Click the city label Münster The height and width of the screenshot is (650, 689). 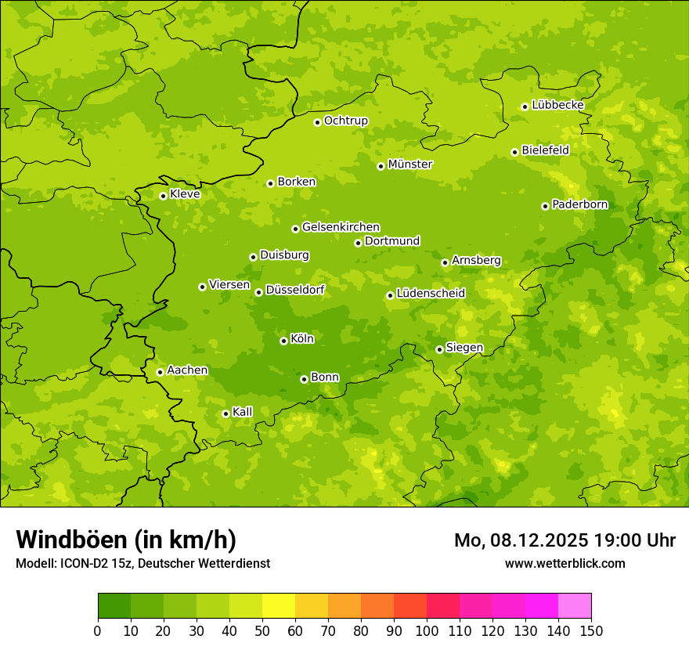click(x=409, y=164)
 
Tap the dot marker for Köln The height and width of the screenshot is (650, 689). click(x=283, y=341)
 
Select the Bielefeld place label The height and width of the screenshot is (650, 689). click(x=545, y=150)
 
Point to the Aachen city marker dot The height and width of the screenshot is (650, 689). click(x=160, y=372)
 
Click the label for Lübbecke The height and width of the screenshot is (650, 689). click(x=557, y=105)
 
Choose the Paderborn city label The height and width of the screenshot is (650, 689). click(x=579, y=204)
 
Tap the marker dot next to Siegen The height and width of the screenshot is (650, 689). click(x=439, y=349)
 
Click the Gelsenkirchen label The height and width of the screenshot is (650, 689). click(x=341, y=227)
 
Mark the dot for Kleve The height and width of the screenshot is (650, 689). click(x=163, y=196)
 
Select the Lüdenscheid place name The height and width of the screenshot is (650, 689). click(x=431, y=294)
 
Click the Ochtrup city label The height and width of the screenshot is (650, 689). click(x=345, y=121)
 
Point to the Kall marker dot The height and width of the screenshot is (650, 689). click(x=225, y=413)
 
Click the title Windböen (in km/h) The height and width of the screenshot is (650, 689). click(x=126, y=540)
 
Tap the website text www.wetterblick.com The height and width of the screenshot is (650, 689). click(x=565, y=563)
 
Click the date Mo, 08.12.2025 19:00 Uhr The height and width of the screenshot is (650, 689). click(x=565, y=540)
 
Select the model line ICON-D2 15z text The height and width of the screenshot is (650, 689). click(x=142, y=563)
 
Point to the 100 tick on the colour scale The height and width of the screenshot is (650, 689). click(x=427, y=630)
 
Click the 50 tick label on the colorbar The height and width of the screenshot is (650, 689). click(x=262, y=630)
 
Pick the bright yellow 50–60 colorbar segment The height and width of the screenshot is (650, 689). click(x=279, y=606)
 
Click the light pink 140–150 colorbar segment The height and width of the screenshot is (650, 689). click(x=575, y=606)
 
